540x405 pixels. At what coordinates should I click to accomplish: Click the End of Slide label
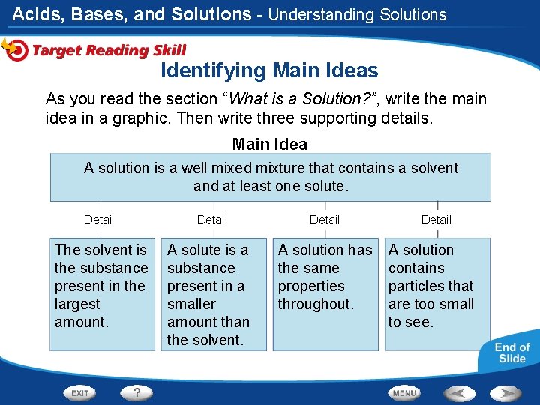[512, 352]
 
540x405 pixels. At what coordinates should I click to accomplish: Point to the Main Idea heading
[270, 144]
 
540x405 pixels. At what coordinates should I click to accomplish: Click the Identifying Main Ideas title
[269, 71]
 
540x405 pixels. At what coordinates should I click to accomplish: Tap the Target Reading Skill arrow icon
[14, 49]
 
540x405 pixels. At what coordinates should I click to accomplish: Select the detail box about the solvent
[100, 293]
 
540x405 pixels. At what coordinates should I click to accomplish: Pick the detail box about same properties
[325, 293]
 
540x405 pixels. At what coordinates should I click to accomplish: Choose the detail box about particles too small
[436, 293]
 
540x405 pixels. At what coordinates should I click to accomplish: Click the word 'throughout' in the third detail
[315, 304]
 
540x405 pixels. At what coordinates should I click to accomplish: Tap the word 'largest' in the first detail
[77, 304]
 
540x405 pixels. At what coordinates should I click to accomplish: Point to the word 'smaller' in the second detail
[191, 304]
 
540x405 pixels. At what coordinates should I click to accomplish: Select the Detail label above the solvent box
[99, 220]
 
